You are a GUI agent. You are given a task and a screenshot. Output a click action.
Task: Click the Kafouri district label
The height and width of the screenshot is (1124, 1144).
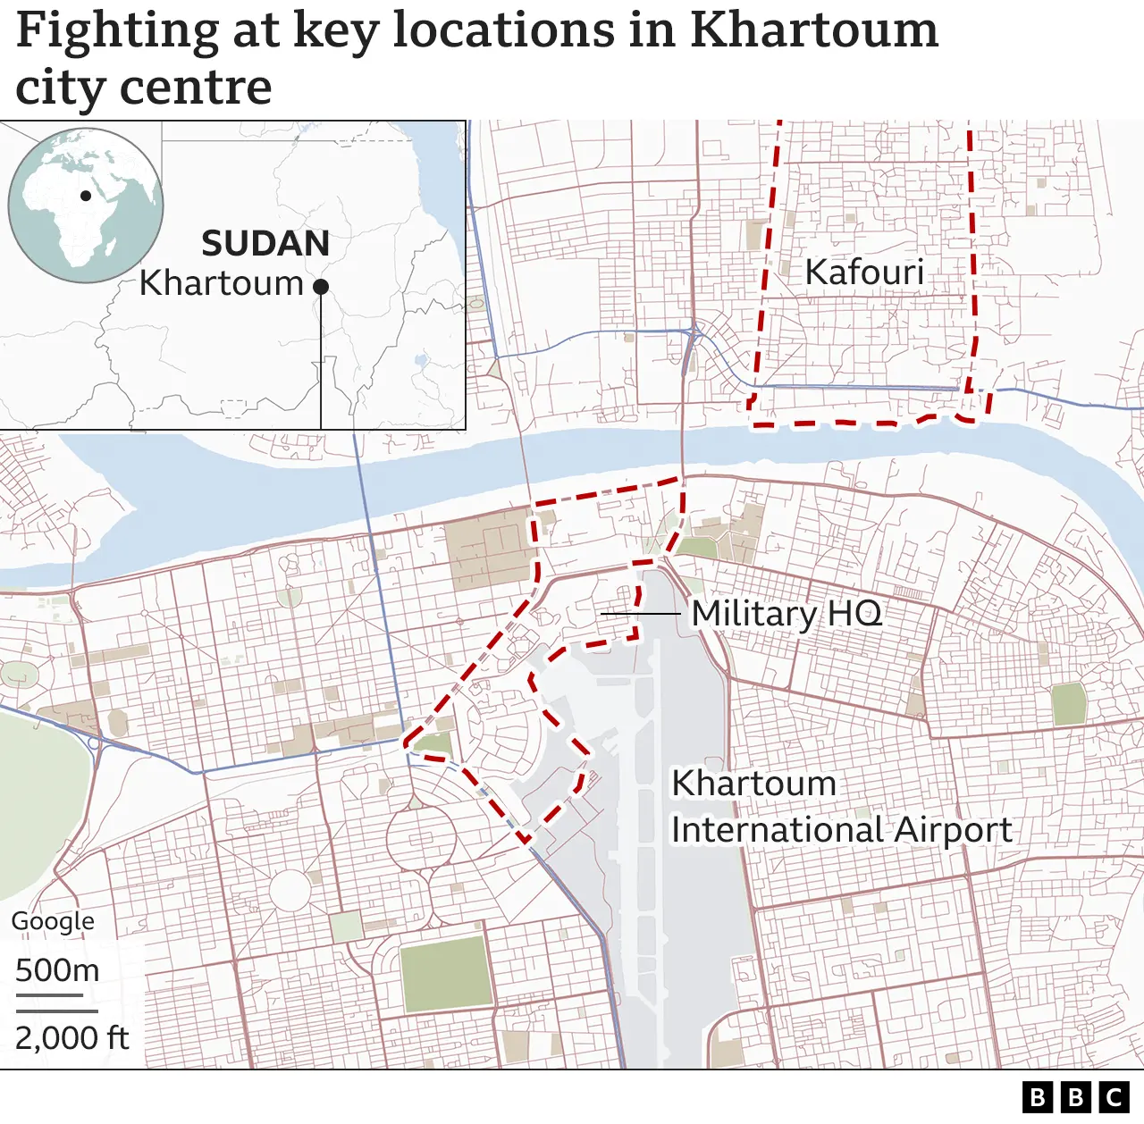[x=863, y=273]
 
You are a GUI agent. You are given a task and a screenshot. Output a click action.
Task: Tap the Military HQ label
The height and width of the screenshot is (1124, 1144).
[x=786, y=614]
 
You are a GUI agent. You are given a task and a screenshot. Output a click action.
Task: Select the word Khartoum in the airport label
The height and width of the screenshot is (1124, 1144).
[x=753, y=784]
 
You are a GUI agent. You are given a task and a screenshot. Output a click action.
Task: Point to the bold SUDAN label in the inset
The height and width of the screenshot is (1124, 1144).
[x=265, y=244]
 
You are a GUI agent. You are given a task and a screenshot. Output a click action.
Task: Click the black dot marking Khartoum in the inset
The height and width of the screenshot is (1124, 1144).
[x=321, y=286]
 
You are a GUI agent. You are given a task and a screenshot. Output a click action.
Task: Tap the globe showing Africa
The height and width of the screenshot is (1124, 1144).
[x=86, y=206]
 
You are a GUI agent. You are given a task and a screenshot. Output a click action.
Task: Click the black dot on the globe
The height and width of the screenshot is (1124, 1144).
[x=86, y=196]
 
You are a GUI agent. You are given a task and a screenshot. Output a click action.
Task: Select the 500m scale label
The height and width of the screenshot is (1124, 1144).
[x=57, y=970]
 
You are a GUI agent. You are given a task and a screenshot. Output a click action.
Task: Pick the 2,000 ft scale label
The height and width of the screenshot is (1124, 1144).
[x=71, y=1038]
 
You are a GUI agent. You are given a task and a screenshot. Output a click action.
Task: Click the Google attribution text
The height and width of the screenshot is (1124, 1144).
[x=53, y=921]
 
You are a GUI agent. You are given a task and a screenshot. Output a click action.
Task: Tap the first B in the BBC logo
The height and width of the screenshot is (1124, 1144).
[x=1038, y=1097]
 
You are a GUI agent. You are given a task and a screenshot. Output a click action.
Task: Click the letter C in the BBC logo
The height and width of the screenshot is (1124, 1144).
[x=1115, y=1097]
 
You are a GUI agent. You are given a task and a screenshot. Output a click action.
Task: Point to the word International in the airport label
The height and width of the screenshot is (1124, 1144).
[x=778, y=830]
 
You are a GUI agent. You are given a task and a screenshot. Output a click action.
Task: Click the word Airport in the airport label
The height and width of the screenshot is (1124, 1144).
[x=953, y=830]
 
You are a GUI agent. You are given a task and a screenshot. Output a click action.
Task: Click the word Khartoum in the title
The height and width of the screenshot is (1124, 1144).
[x=813, y=30]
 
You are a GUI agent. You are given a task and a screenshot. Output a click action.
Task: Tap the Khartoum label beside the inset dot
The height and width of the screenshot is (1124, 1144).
[x=222, y=283]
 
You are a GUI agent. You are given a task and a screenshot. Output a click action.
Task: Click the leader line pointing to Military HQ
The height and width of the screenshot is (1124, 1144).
[x=640, y=614]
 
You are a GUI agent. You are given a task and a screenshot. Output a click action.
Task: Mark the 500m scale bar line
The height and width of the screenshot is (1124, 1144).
[x=49, y=994]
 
